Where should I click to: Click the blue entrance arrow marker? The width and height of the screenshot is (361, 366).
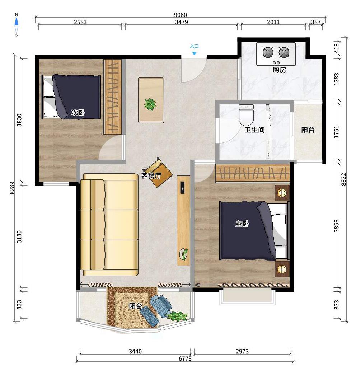[194, 53]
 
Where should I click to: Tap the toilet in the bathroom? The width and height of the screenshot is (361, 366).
[246, 114]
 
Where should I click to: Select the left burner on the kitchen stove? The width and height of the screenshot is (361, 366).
[268, 52]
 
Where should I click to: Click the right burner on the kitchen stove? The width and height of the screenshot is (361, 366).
[284, 52]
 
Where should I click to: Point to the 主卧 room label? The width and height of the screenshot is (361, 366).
[242, 224]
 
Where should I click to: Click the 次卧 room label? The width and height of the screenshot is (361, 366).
[78, 113]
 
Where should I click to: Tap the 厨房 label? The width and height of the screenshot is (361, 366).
[279, 70]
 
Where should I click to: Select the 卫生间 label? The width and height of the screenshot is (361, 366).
[254, 130]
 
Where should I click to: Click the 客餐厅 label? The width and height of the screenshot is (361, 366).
[151, 175]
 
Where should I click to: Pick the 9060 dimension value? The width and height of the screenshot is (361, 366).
[180, 15]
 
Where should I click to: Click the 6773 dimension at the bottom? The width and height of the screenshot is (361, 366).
[185, 358]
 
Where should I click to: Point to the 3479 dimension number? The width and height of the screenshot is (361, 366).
[182, 22]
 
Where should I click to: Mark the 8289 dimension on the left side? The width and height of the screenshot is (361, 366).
[12, 188]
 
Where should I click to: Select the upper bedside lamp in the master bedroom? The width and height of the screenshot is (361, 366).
[282, 193]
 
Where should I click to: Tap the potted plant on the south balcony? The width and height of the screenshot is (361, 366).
[177, 316]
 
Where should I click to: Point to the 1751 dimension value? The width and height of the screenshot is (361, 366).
[336, 132]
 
